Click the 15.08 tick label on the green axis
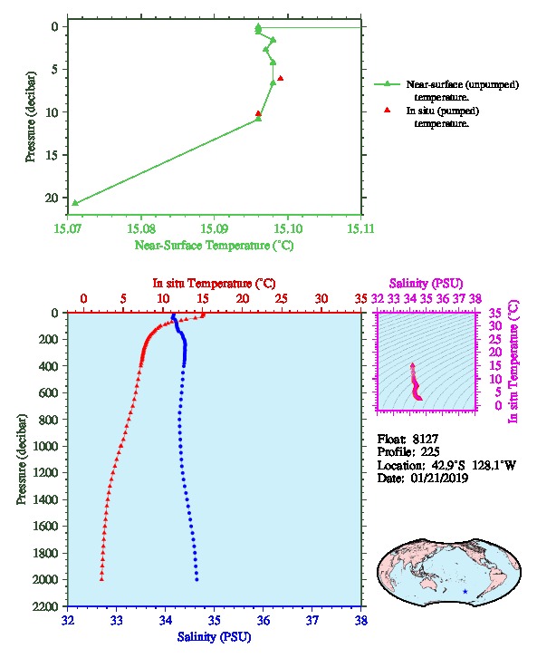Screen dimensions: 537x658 (141, 229)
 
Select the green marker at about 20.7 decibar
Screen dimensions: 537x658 (75, 203)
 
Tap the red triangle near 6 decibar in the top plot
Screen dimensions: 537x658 (281, 78)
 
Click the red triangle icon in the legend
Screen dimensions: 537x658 (388, 110)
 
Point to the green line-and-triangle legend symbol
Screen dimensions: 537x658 (388, 84)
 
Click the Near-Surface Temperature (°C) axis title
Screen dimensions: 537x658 (214, 245)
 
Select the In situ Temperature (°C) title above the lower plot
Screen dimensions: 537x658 (214, 284)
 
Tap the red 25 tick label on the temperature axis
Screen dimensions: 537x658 (282, 299)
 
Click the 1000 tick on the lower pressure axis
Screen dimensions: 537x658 (47, 446)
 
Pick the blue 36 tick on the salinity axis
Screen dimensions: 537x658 (264, 620)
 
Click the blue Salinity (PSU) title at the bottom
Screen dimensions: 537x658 (214, 637)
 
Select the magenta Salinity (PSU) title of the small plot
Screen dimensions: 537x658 (426, 284)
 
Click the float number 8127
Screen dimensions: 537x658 (426, 440)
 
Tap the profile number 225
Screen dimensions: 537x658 (430, 452)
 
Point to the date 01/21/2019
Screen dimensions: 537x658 (440, 479)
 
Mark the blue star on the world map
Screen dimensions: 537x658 (465, 592)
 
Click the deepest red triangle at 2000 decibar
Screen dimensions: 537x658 (101, 579)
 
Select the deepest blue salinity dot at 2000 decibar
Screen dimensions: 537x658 (197, 579)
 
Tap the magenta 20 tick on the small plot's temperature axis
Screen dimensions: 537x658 (495, 352)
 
